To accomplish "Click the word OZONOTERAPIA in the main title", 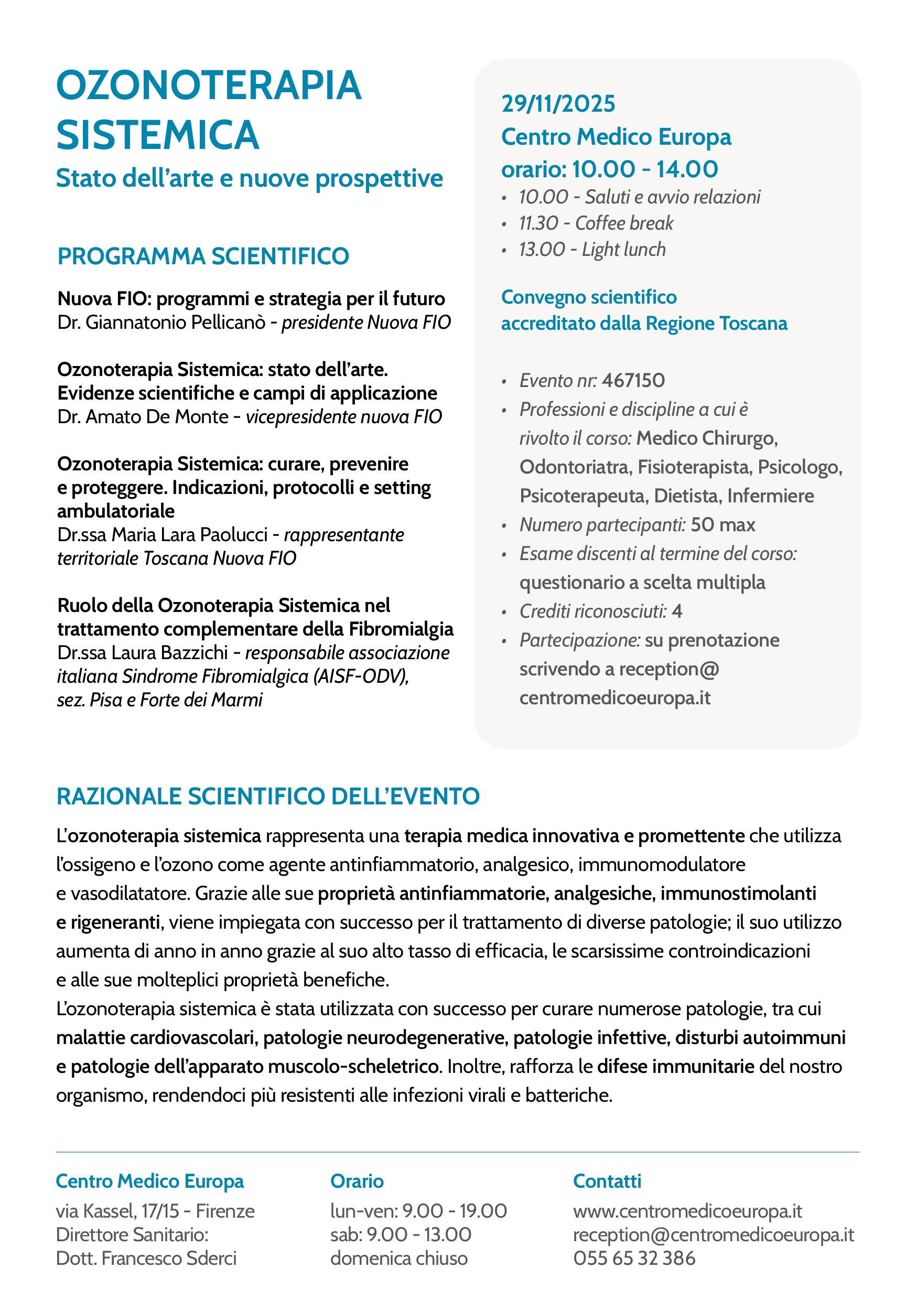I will coord(209,86).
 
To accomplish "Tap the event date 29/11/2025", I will coord(558,104).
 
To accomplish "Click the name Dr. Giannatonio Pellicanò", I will coord(161,322).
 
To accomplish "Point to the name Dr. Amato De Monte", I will coord(143,417).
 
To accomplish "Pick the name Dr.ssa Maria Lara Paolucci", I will coord(162,535).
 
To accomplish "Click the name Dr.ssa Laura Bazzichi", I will coord(142,653).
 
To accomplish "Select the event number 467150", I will coord(633,381).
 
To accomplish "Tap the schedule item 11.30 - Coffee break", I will coord(596,223).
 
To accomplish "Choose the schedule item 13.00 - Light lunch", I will coord(592,249).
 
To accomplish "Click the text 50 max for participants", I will coord(722,525).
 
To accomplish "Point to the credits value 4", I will coord(677,611).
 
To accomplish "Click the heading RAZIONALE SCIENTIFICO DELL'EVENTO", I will coord(268,797).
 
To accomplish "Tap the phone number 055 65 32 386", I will coord(634,1259).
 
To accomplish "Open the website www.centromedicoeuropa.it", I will coord(687,1211).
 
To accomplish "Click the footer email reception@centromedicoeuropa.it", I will coord(713,1235).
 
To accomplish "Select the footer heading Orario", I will coord(357,1181).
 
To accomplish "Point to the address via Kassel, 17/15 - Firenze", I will coord(155,1211).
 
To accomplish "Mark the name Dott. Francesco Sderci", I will coord(146,1259).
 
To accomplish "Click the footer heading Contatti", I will coord(607,1181).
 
